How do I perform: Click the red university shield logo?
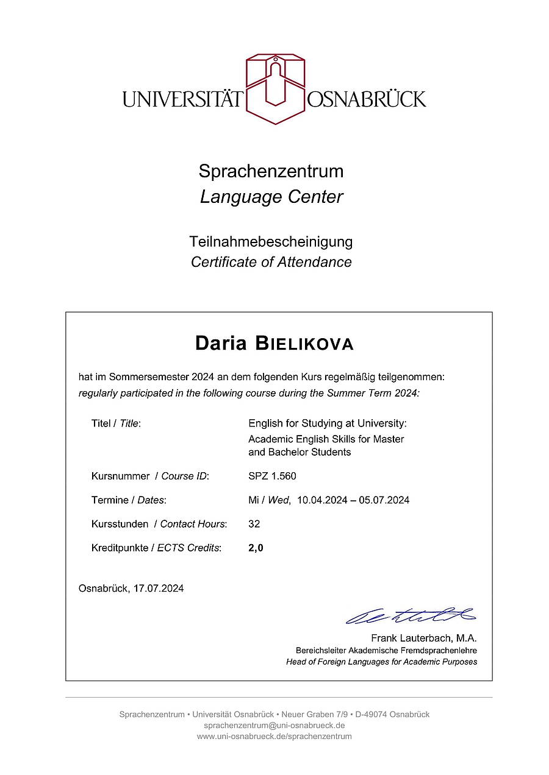coord(275,88)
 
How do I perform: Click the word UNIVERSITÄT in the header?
coord(182,99)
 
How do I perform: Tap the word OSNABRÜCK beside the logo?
coord(367,99)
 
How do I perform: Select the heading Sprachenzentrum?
coord(271,171)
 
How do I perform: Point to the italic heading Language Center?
coord(271,197)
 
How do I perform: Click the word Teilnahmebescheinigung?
coord(271,241)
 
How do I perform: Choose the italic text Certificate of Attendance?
coord(271,262)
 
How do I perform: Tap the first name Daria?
coord(221,344)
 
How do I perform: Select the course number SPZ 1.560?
coord(272,476)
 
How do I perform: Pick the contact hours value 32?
coord(254,524)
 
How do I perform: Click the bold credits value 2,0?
coord(256,548)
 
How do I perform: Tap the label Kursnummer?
coord(120,476)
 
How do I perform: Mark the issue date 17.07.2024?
coord(159,589)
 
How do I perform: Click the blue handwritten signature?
coord(411,615)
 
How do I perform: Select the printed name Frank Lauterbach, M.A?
coord(424,639)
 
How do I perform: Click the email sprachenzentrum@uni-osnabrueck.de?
coord(274,725)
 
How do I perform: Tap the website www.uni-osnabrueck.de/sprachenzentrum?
coord(274,736)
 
